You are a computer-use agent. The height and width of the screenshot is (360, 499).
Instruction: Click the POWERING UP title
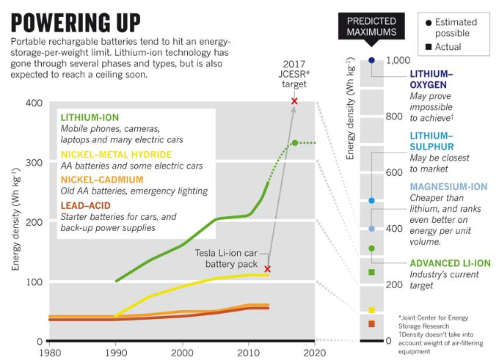pos(76,20)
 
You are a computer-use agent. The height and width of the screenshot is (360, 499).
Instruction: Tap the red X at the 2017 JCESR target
pos(294,101)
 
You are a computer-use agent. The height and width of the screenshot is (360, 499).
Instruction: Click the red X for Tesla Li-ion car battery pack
pos(268,269)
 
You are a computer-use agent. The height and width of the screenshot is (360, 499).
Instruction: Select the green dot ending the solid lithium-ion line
pos(294,143)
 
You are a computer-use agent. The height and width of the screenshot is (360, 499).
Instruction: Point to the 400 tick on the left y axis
pos(34,103)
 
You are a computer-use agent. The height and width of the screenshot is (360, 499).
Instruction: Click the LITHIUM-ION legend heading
pos(90,117)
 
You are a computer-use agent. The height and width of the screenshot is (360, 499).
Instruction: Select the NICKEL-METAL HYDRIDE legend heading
pos(116,154)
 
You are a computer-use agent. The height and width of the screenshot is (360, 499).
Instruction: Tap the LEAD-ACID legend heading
pos(87,206)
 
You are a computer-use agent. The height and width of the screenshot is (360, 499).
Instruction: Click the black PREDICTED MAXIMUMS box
pos(371,27)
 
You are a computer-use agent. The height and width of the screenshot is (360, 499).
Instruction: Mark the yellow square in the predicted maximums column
pos(372,310)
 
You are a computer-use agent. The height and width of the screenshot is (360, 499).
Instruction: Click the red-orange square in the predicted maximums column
pos(372,323)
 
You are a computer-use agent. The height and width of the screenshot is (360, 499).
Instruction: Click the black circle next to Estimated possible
pos(429,22)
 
